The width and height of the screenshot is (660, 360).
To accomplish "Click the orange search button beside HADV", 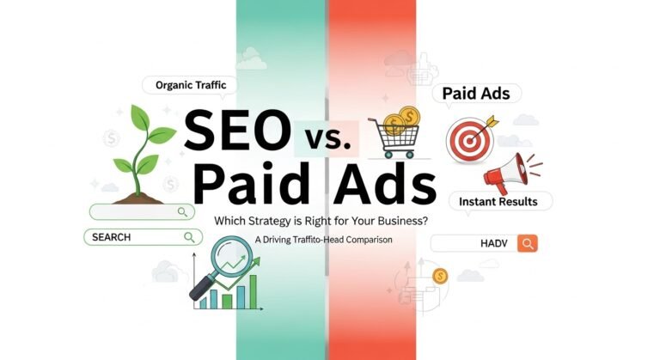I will (x=528, y=243).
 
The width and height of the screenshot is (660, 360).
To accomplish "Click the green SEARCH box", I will (x=137, y=236).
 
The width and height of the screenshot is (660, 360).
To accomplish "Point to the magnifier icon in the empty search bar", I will (x=182, y=211).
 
